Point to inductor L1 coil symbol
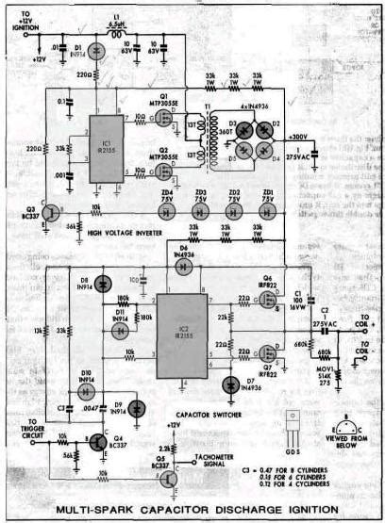tap(118, 36)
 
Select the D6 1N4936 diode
tap(185, 266)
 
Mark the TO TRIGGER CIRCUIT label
tap(39, 429)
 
